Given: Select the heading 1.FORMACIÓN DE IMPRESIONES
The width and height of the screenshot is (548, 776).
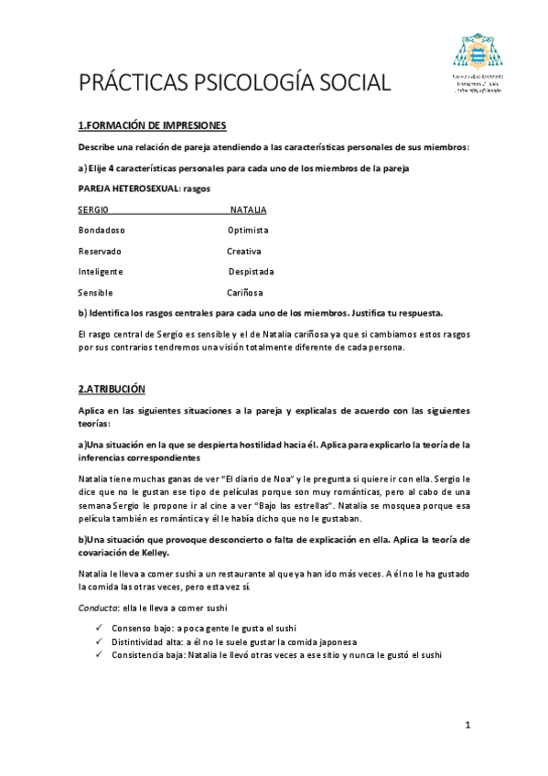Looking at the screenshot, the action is [152, 125].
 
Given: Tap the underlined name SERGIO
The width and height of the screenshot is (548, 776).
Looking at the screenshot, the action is [92, 210].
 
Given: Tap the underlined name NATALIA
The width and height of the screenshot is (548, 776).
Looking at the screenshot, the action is [248, 210].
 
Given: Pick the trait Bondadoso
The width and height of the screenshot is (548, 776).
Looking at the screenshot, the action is [102, 230].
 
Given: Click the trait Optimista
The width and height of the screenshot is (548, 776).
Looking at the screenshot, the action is [248, 230].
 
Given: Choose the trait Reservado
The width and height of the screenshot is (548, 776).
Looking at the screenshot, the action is [100, 251].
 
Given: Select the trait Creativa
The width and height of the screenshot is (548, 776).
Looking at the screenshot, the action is [244, 251].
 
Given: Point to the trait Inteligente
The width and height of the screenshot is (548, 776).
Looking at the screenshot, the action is [101, 272].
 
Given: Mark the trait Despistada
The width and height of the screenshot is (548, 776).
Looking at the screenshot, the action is [251, 272].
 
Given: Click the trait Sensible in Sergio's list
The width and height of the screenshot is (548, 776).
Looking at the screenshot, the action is [95, 293].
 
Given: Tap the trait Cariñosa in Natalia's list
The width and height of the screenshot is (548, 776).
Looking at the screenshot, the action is [245, 293].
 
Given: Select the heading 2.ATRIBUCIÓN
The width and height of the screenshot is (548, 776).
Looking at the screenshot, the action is [112, 389].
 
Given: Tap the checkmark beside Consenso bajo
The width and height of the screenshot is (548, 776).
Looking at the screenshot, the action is [98, 629].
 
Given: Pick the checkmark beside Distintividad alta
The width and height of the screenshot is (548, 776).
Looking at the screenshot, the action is [98, 642].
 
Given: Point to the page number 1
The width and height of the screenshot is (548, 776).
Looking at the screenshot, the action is [467, 726].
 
